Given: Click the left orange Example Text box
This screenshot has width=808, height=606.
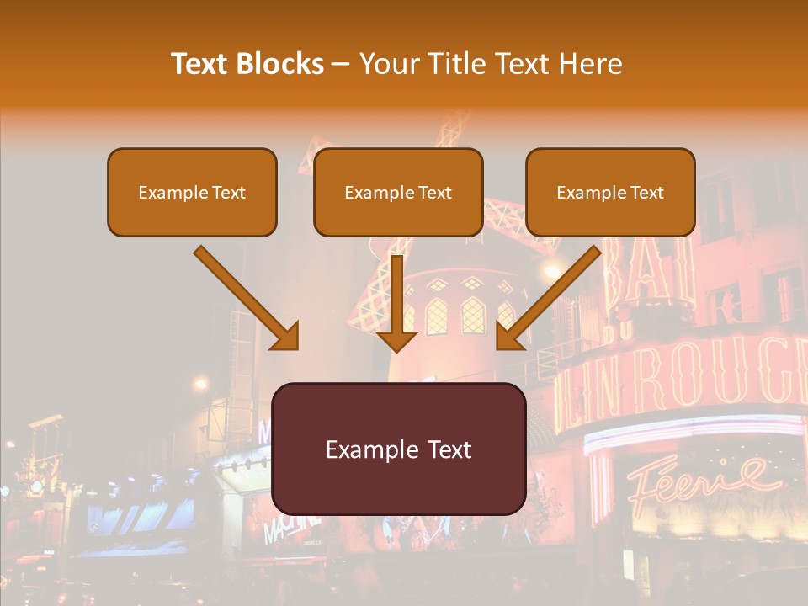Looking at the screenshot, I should (192, 192).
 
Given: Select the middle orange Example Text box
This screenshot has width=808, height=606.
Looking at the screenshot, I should (398, 192).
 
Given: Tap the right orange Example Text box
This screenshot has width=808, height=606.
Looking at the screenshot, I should (610, 192).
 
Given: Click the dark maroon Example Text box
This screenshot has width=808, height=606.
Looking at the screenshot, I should (399, 449).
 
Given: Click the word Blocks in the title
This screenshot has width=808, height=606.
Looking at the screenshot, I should (280, 64).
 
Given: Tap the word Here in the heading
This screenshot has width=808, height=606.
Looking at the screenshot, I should (593, 64).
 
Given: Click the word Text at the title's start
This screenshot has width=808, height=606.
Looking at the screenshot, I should (200, 64).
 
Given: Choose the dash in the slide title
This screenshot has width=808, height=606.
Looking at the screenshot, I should (341, 65).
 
